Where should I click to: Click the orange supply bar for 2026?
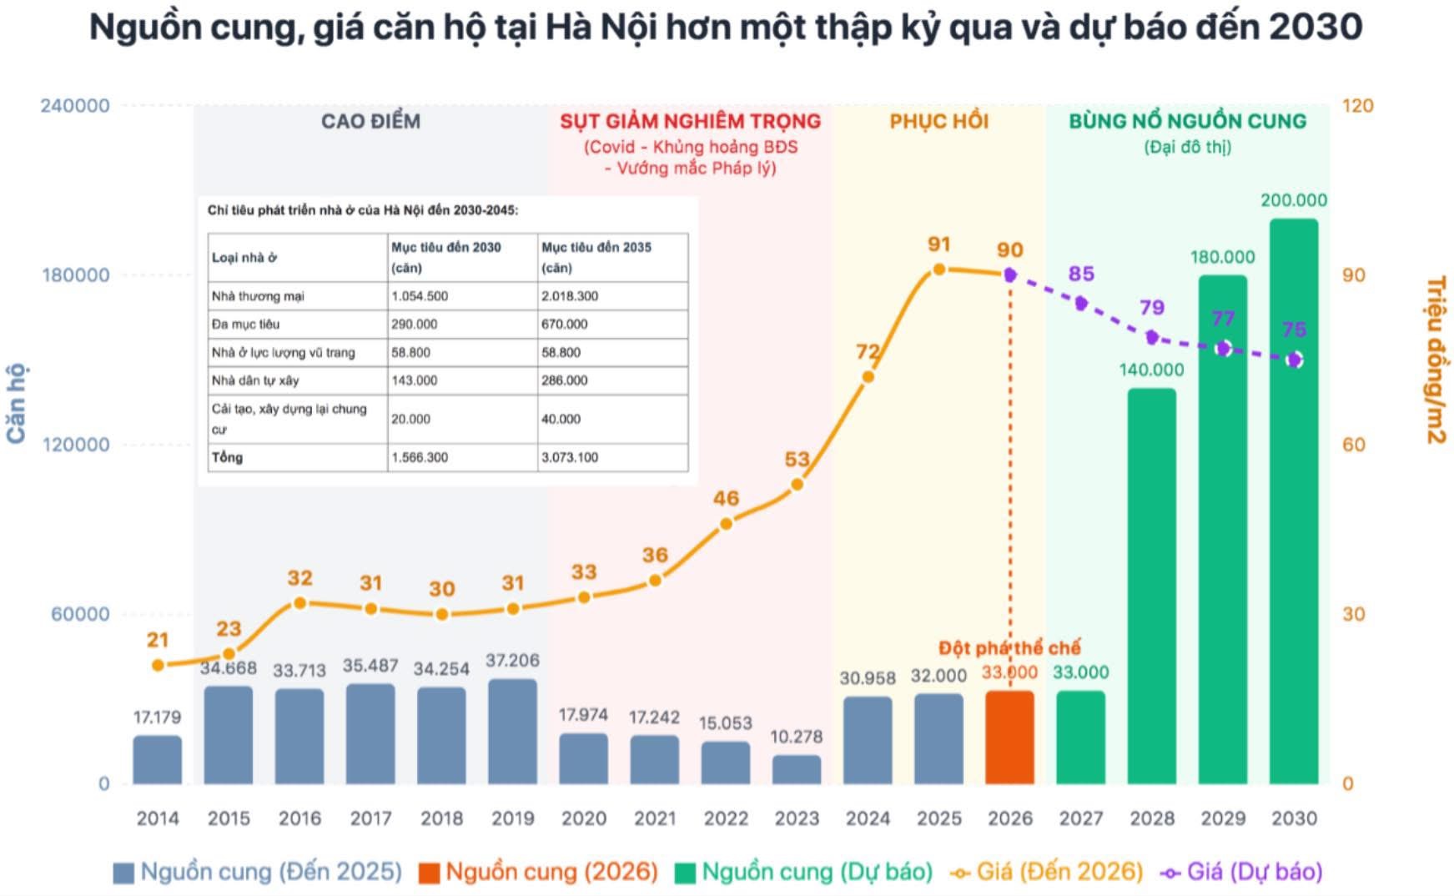point(1009,737)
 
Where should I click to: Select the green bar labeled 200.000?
point(1293,501)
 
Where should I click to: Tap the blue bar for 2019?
point(512,732)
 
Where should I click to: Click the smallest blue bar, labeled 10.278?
point(796,769)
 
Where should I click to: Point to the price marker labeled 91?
point(938,269)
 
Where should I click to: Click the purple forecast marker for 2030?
point(1294,360)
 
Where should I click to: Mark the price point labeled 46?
point(726,524)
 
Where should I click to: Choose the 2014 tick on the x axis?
point(157,818)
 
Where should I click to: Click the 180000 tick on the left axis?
point(75,275)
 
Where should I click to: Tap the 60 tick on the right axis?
point(1353,445)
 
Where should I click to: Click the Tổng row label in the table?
point(227,457)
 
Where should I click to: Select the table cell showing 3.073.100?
point(570,457)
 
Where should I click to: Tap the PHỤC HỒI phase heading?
point(938,122)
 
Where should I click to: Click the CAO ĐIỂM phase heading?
point(370,122)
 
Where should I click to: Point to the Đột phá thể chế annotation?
point(1009,647)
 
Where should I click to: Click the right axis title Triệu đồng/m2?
point(1435,360)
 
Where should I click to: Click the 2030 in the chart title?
point(1316,28)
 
